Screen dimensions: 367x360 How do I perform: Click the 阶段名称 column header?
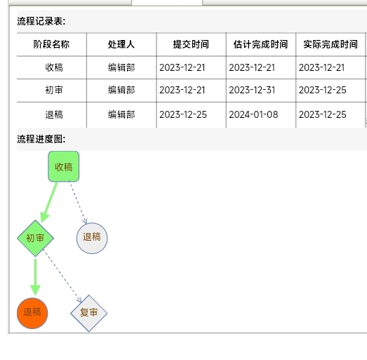point(51,44)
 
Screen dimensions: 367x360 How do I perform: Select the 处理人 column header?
point(121,44)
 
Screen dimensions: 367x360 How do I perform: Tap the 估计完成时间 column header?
point(260,44)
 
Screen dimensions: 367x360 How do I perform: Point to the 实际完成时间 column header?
point(331,44)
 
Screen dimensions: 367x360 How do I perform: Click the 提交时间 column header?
point(191,44)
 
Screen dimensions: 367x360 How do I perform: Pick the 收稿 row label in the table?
point(54,67)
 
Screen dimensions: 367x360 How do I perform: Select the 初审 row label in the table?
point(54,90)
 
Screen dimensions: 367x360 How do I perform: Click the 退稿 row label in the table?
point(54,114)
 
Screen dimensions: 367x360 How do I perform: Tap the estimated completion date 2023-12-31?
point(252,90)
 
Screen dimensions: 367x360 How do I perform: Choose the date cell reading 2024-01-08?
point(253,114)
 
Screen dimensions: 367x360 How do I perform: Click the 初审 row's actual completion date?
point(322,90)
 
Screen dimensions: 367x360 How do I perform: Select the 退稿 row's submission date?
point(183,114)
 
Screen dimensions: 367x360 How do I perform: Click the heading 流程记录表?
point(41,21)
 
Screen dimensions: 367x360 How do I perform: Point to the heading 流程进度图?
point(41,139)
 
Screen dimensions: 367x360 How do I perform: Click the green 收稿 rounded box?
point(64,166)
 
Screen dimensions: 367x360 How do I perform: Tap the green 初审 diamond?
point(35,239)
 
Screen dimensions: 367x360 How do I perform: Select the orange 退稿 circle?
point(32,313)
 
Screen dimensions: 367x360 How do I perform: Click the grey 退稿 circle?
point(92,238)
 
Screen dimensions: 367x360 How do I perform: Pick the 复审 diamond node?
point(88,313)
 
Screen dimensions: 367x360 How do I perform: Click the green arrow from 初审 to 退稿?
point(35,277)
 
